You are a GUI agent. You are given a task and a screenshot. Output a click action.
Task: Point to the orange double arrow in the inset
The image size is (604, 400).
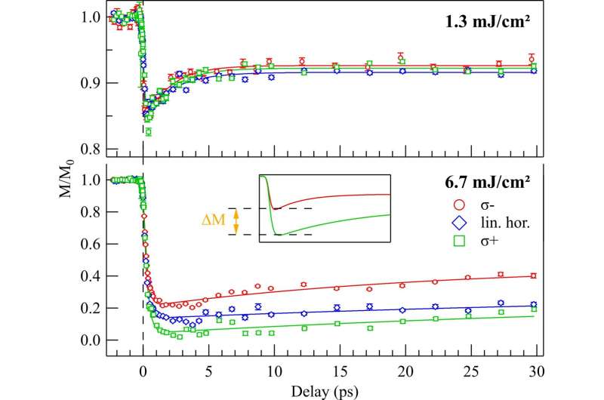[235, 220]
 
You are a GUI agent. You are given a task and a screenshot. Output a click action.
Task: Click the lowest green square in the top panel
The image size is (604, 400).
[148, 132]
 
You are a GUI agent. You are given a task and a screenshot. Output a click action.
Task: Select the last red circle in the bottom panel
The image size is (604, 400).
[533, 275]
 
